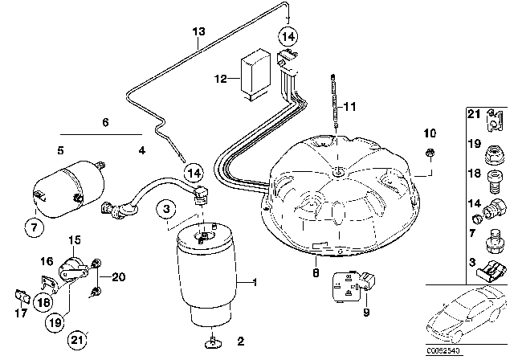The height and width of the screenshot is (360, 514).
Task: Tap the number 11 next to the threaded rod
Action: pyautogui.click(x=349, y=106)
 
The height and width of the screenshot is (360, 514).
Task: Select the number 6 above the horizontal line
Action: pyautogui.click(x=104, y=123)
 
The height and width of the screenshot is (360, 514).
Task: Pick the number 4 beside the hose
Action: pyautogui.click(x=141, y=149)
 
